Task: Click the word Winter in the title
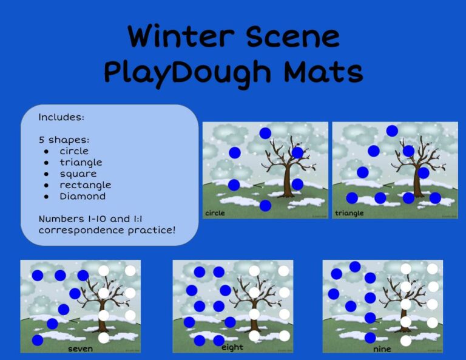tap(180, 37)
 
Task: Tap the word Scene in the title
tap(294, 37)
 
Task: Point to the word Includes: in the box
tap(61, 117)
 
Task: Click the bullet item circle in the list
tap(73, 151)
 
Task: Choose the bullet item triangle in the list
tap(81, 162)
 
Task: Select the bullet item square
tap(78, 174)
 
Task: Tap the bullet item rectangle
tap(85, 185)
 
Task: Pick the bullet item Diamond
tap(83, 196)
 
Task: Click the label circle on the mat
tap(215, 213)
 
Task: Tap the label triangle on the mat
tap(349, 213)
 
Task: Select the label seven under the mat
tap(81, 348)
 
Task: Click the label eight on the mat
tap(232, 347)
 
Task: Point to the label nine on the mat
tap(382, 349)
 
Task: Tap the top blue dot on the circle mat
tap(265, 133)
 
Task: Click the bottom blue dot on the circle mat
tap(265, 206)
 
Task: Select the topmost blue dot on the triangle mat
tap(392, 131)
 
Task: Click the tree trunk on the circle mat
tap(288, 186)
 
